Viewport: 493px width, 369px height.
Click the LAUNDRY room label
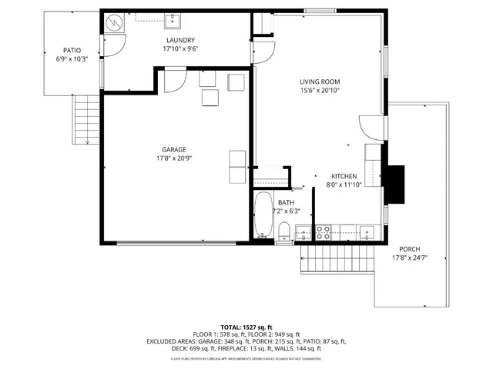pos(179,40)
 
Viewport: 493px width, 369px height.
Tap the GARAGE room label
pos(173,149)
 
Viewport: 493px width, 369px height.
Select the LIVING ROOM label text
pos(320,81)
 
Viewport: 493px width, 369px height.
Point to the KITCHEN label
pos(343,176)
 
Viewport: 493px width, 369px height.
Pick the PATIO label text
pos(72,50)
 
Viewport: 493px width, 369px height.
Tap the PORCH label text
pos(409,249)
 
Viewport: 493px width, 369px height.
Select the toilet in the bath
pos(284,230)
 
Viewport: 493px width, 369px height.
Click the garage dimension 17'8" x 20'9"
pos(173,158)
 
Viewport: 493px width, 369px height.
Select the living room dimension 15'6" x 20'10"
pos(320,91)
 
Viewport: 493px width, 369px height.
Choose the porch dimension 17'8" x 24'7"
pos(409,258)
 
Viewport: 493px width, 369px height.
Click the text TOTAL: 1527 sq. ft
pos(246,327)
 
